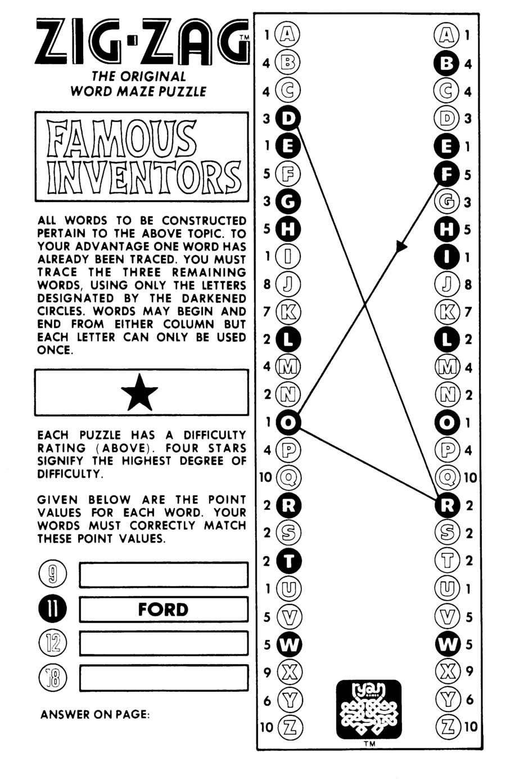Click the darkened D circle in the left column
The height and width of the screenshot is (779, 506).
click(289, 118)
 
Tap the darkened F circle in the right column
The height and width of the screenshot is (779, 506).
click(447, 174)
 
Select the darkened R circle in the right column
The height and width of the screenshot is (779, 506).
click(447, 505)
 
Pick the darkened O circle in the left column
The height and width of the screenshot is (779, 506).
click(289, 422)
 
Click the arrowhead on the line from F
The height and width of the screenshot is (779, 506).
click(401, 247)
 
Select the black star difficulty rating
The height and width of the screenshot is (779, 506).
click(139, 392)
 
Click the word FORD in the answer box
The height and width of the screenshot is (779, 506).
click(163, 610)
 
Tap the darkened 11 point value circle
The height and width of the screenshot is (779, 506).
click(52, 610)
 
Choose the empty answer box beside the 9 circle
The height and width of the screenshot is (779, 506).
click(164, 575)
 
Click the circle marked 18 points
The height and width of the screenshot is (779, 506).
click(52, 678)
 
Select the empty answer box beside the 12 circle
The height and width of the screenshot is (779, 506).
click(164, 643)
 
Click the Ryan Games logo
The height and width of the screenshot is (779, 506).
click(369, 709)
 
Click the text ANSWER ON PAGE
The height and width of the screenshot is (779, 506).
click(95, 715)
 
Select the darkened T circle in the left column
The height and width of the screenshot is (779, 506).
click(289, 561)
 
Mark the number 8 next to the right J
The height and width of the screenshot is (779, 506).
click(468, 284)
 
